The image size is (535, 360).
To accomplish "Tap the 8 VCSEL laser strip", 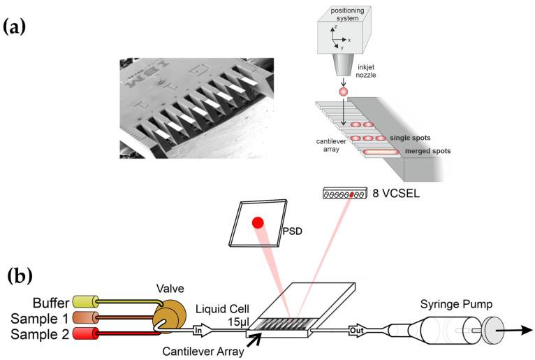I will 345,192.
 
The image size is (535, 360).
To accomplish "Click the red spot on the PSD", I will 258,223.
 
